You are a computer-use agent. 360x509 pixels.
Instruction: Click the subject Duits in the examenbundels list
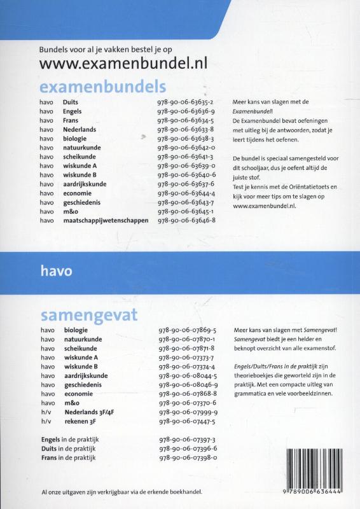point(71,102)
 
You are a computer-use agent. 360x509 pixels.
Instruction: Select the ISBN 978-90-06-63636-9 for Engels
point(188,111)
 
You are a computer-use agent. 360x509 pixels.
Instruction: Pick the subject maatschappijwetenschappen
point(106,220)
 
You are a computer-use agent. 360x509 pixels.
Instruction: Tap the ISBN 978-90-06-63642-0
point(188,147)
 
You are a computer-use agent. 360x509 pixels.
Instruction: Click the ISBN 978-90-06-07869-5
point(188,331)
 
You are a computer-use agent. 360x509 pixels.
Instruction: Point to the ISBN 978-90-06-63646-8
point(188,220)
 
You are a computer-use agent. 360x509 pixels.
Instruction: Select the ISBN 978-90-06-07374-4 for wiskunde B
point(188,367)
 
